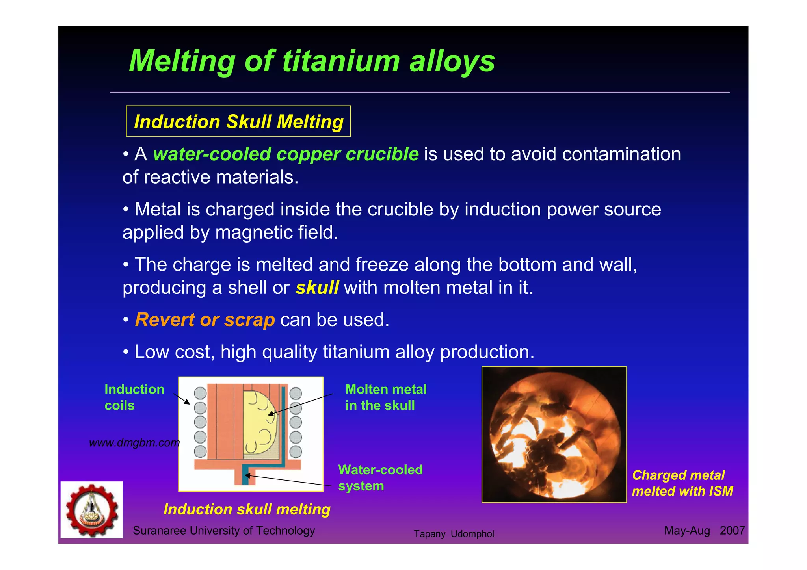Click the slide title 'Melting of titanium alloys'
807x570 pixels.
312,61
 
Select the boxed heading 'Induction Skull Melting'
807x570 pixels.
238,121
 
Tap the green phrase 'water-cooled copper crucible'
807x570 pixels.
286,154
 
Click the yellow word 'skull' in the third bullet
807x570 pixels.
317,288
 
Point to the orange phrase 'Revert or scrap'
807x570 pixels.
205,319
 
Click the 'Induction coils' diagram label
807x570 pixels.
134,397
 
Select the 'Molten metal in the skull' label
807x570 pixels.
386,397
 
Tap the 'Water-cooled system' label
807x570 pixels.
380,477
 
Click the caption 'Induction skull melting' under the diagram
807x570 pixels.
247,509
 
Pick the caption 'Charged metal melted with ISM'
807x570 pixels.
682,483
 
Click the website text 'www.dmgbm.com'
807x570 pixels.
134,443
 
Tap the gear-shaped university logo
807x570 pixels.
92,510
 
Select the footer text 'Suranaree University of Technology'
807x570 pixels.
224,531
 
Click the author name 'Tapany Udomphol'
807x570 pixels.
454,534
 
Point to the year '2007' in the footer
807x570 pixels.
732,531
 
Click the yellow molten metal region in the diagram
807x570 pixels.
258,423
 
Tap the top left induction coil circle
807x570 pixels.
200,393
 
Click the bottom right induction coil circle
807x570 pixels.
296,451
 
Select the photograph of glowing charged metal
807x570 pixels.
554,434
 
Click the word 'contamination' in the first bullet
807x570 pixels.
621,154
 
